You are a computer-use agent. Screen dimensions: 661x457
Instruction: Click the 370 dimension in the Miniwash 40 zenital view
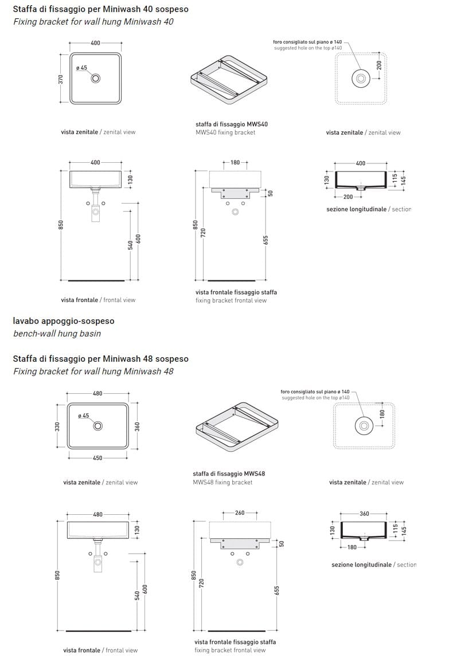[60, 79]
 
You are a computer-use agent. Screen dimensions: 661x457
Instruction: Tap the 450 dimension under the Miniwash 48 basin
[97, 458]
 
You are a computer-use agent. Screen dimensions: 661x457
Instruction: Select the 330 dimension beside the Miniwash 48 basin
[57, 427]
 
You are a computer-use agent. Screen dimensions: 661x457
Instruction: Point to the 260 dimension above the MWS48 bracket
[239, 513]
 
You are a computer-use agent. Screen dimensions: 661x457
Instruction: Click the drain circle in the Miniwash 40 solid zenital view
[96, 79]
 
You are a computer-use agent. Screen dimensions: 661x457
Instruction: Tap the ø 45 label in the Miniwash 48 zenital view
[84, 416]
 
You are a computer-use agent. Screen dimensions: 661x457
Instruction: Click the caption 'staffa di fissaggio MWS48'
[229, 474]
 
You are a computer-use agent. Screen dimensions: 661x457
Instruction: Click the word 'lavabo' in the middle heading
[25, 321]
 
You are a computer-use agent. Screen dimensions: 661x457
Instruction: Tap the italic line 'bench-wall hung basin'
[57, 334]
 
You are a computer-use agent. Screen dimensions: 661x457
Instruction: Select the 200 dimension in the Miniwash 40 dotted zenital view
[379, 65]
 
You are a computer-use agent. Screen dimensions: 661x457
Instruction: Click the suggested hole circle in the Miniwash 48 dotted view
[364, 426]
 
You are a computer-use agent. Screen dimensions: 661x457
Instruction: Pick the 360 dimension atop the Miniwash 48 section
[364, 514]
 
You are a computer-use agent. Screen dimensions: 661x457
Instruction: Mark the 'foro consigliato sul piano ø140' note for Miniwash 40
[308, 42]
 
